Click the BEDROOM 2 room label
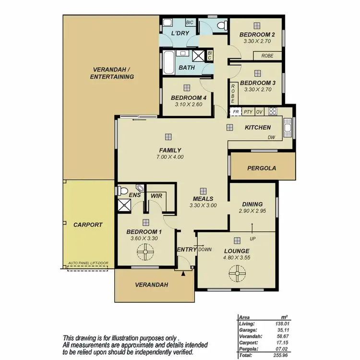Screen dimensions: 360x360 [257, 35]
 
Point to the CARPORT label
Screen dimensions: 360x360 [88, 225]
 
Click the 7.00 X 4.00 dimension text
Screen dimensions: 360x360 [170, 156]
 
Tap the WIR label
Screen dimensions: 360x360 [156, 196]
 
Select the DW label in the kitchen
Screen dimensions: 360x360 [272, 137]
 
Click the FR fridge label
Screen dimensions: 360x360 [236, 111]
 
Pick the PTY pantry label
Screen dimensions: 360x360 [248, 111]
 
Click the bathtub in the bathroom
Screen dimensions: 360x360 [168, 62]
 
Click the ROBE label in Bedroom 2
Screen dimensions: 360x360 [267, 56]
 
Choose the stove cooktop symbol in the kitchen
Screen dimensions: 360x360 [273, 111]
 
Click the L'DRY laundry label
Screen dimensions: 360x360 [180, 33]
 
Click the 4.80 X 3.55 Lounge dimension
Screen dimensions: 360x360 [237, 258]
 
